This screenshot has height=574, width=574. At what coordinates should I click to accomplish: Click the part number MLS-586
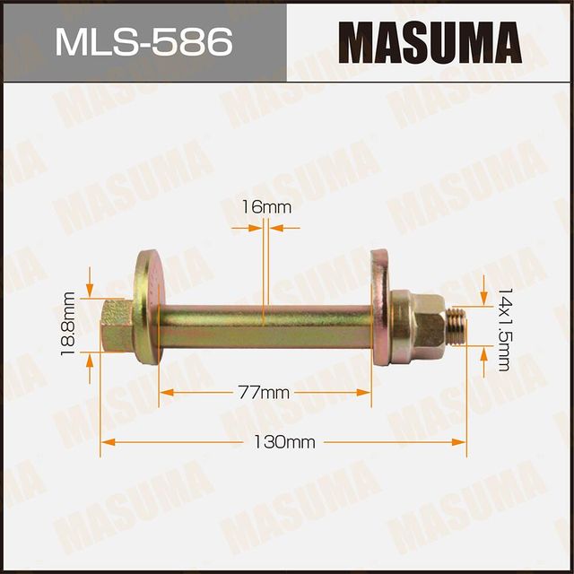pyautogui.click(x=143, y=41)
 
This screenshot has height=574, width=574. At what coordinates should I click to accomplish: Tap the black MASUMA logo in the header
pyautogui.click(x=430, y=41)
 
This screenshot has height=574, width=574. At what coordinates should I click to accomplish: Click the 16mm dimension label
pyautogui.click(x=266, y=207)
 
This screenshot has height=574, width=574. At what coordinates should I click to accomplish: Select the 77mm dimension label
pyautogui.click(x=266, y=393)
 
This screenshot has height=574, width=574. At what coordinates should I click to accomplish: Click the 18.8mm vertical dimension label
pyautogui.click(x=66, y=324)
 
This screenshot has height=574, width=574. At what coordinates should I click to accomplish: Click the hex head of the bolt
pyautogui.click(x=115, y=325)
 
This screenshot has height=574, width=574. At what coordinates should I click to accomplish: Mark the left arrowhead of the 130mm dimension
pyautogui.click(x=106, y=442)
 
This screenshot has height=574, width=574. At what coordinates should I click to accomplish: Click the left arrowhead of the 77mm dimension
pyautogui.click(x=165, y=393)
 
